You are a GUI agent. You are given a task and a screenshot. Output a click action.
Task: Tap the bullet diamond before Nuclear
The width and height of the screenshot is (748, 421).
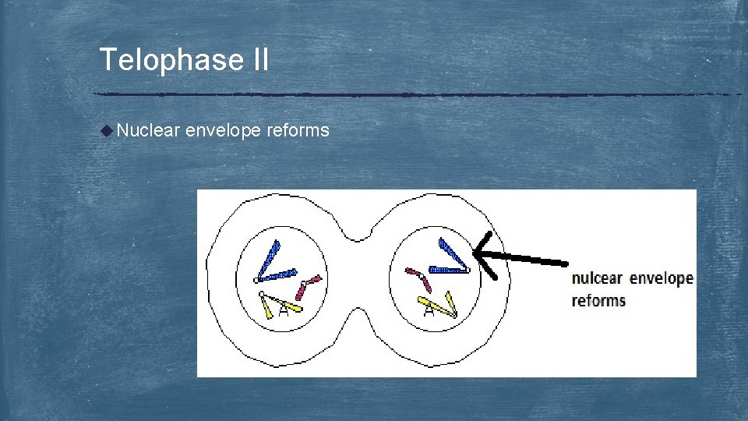coord(107,130)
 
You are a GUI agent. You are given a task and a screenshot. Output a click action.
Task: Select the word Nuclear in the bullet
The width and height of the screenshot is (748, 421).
coord(148,130)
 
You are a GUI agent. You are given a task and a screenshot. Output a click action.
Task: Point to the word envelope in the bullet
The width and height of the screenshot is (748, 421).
coord(224,131)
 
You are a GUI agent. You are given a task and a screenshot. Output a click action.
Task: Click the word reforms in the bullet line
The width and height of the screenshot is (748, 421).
coord(298,130)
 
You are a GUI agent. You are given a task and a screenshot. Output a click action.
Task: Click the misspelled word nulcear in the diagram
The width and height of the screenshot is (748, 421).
coord(598,279)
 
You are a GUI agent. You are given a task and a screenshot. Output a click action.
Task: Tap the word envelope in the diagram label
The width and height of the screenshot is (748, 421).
coord(662,279)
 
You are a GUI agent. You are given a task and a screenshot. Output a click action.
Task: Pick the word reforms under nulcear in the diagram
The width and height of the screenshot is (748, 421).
coord(598,301)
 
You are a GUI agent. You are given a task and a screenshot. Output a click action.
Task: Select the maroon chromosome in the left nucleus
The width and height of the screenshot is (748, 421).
coord(308,285)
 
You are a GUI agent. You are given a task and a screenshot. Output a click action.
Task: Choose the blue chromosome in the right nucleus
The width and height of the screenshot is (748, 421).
coord(451,258)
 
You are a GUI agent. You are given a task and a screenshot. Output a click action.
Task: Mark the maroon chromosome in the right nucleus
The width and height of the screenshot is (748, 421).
coord(418,278)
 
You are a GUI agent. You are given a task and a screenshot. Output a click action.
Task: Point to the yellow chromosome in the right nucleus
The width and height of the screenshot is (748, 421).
coord(439,305)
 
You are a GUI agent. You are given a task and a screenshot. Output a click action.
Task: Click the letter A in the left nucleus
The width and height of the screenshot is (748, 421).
coord(284,311)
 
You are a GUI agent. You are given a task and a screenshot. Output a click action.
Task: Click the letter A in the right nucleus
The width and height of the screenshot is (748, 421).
coord(429,312)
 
